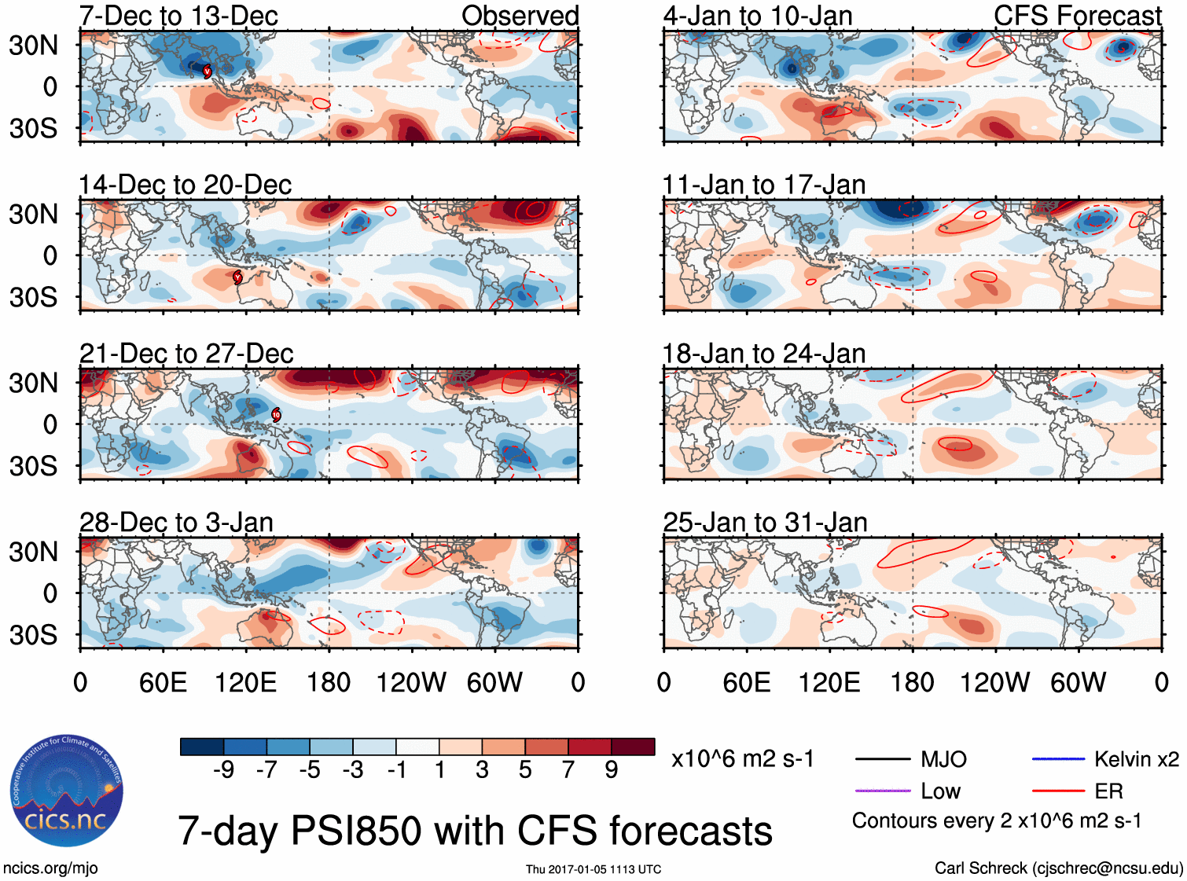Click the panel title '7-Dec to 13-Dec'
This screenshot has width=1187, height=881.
pyautogui.click(x=178, y=16)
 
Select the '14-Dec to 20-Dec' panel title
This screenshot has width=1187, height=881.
pyautogui.click(x=185, y=185)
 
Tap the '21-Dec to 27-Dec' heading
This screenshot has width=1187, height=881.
pyautogui.click(x=186, y=354)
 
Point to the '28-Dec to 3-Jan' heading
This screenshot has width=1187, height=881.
pyautogui.click(x=176, y=523)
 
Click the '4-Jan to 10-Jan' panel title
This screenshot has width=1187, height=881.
pyautogui.click(x=758, y=16)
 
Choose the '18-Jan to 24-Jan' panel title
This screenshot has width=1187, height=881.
pyautogui.click(x=764, y=354)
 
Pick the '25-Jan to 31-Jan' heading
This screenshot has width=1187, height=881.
pyautogui.click(x=765, y=523)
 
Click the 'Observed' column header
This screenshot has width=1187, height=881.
pyautogui.click(x=520, y=16)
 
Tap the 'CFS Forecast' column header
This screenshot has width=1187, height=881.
pyautogui.click(x=1077, y=16)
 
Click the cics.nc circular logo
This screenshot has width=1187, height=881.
pyautogui.click(x=66, y=791)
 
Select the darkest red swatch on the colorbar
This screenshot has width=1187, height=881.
pyautogui.click(x=633, y=747)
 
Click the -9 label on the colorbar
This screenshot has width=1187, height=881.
pyautogui.click(x=223, y=770)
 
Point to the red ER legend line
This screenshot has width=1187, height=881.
pyautogui.click(x=1058, y=791)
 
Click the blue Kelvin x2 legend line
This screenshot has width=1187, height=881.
pyautogui.click(x=1058, y=759)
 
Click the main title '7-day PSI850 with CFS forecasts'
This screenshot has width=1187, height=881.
pyautogui.click(x=475, y=831)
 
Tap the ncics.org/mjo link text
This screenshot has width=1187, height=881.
pyautogui.click(x=50, y=868)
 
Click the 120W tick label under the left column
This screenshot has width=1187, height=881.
pyautogui.click(x=411, y=682)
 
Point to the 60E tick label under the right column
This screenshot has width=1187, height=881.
pyautogui.click(x=747, y=682)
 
